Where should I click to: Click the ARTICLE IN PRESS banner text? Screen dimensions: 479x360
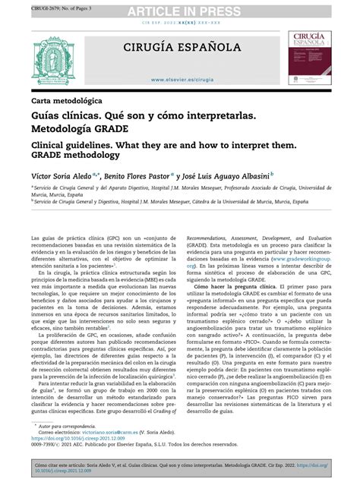tap(180, 9)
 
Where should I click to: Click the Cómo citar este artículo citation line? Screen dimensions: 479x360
tap(152, 465)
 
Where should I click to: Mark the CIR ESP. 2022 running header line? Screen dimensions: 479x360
tap(180, 24)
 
